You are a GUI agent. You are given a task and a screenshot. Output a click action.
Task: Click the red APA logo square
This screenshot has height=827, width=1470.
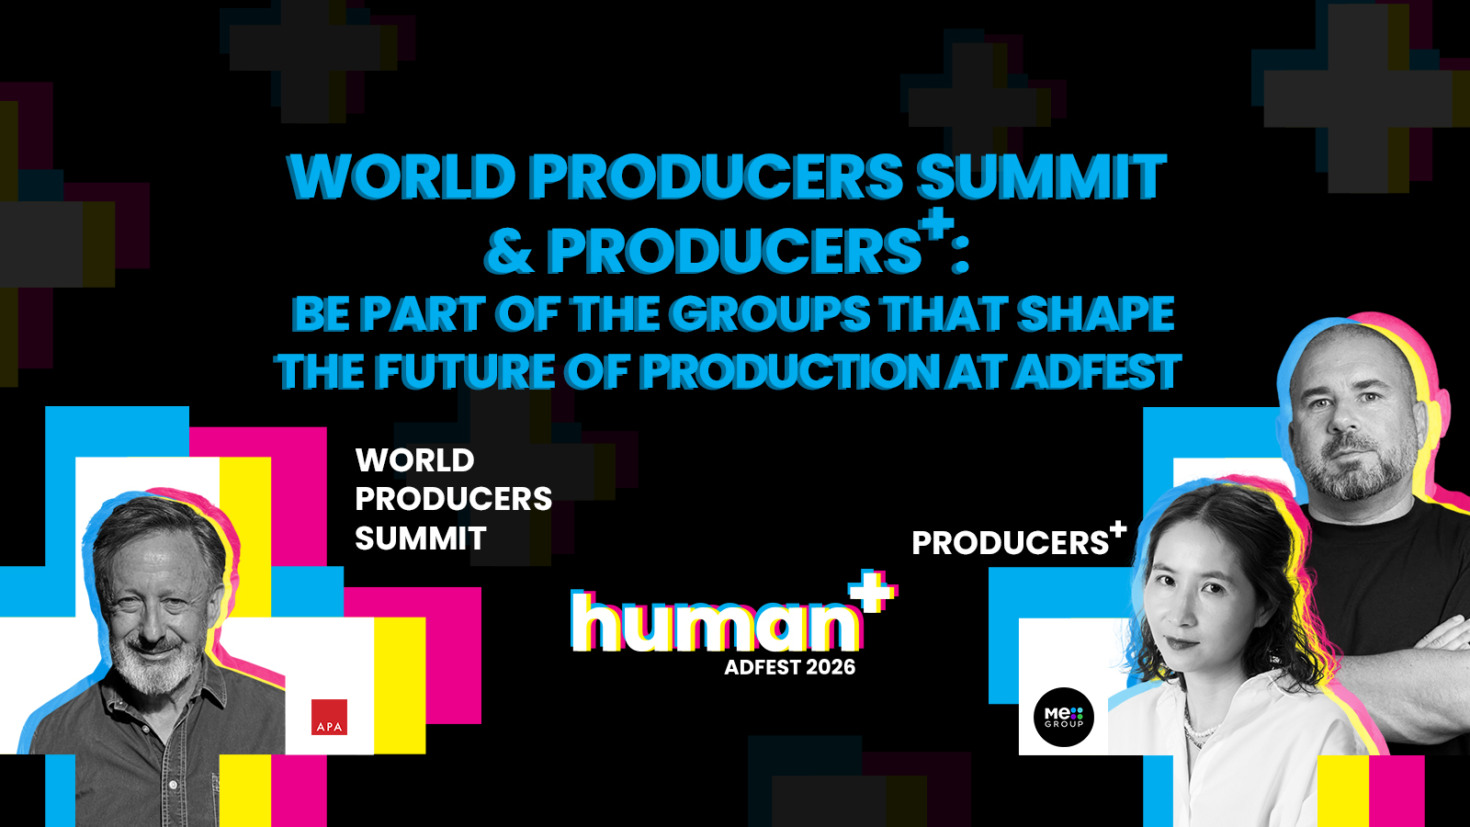tap(329, 717)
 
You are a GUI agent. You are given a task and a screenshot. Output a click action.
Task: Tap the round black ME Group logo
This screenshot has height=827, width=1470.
tap(1064, 717)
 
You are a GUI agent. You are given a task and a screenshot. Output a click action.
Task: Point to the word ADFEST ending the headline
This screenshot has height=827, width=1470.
tap(1097, 371)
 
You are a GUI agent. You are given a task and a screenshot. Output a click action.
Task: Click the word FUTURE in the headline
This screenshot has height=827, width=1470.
tap(465, 371)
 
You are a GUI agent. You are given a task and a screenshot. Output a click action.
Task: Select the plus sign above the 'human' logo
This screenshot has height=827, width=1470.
tap(873, 592)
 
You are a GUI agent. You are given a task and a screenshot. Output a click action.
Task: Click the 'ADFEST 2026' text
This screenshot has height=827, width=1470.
tap(790, 667)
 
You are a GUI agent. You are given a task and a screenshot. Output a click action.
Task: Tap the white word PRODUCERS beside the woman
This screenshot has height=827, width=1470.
tap(1010, 543)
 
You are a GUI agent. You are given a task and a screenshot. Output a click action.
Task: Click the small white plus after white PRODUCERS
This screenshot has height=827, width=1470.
tap(1117, 529)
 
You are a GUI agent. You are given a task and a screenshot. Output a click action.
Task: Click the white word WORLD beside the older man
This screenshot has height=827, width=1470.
tap(414, 460)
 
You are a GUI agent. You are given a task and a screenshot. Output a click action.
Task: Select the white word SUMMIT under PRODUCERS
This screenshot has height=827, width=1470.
tap(421, 538)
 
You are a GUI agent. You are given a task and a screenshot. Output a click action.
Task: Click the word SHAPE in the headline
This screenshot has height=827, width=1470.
tap(1095, 313)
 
